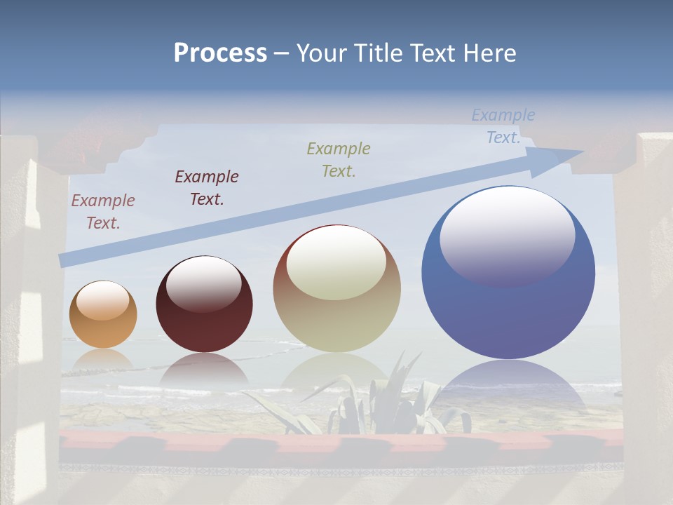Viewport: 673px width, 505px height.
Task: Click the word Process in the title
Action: pos(220,53)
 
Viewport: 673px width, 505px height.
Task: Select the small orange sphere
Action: pos(103,316)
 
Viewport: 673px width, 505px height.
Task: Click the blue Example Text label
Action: pos(503,126)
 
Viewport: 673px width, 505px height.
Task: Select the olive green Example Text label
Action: pos(339,159)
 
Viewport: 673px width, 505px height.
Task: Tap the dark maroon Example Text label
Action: pos(207,187)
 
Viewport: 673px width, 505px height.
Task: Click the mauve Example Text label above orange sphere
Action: pos(103,211)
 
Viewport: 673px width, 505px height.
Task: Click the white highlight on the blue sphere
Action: pos(507,236)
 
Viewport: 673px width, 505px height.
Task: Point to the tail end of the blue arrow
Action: pos(63,260)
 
